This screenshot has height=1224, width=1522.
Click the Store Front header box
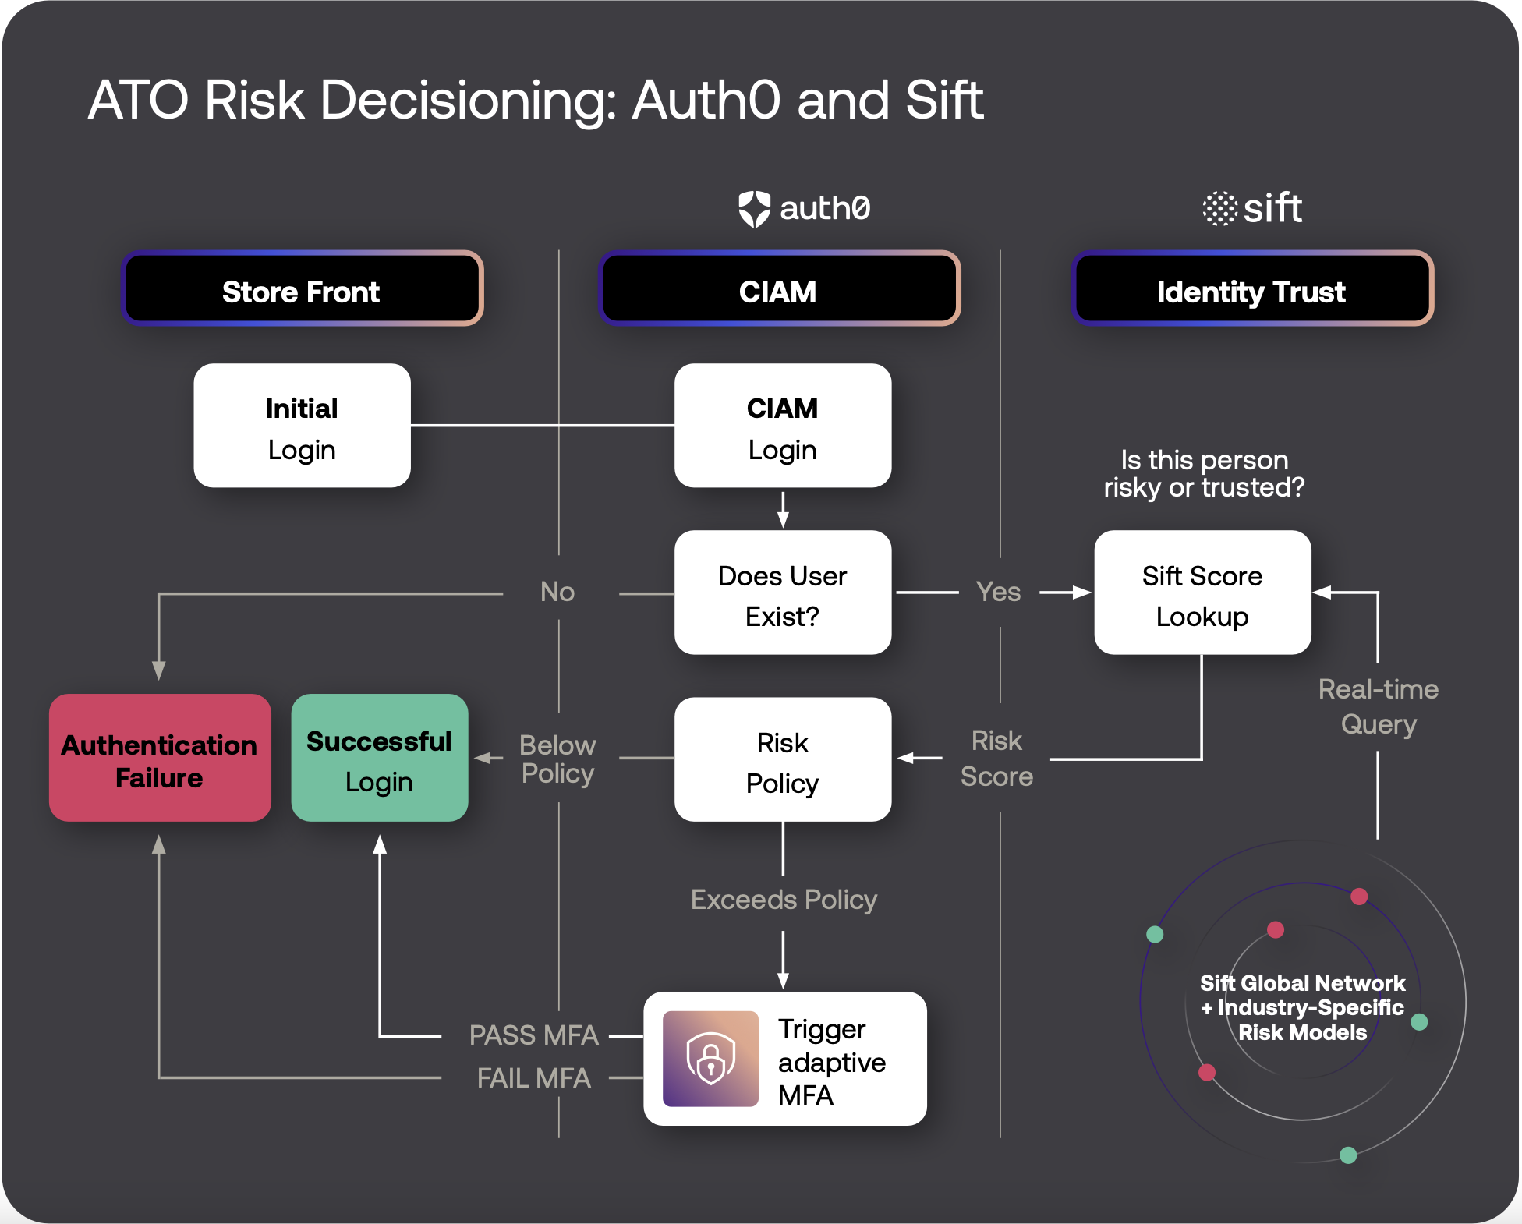[303, 290]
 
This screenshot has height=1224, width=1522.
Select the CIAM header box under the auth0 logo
[779, 290]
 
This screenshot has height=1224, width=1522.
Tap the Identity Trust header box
[1252, 290]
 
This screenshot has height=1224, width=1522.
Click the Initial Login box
[303, 426]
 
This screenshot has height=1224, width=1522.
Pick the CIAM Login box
[783, 426]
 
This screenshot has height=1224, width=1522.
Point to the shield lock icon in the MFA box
[710, 1059]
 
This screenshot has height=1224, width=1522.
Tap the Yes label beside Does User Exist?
[999, 592]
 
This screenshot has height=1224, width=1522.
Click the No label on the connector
[557, 592]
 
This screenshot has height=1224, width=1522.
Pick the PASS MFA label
[533, 1035]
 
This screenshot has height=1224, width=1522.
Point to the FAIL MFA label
[533, 1078]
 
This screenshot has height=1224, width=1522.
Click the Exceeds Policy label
[784, 900]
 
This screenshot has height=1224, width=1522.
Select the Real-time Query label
[1379, 706]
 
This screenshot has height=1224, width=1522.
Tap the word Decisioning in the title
[468, 101]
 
